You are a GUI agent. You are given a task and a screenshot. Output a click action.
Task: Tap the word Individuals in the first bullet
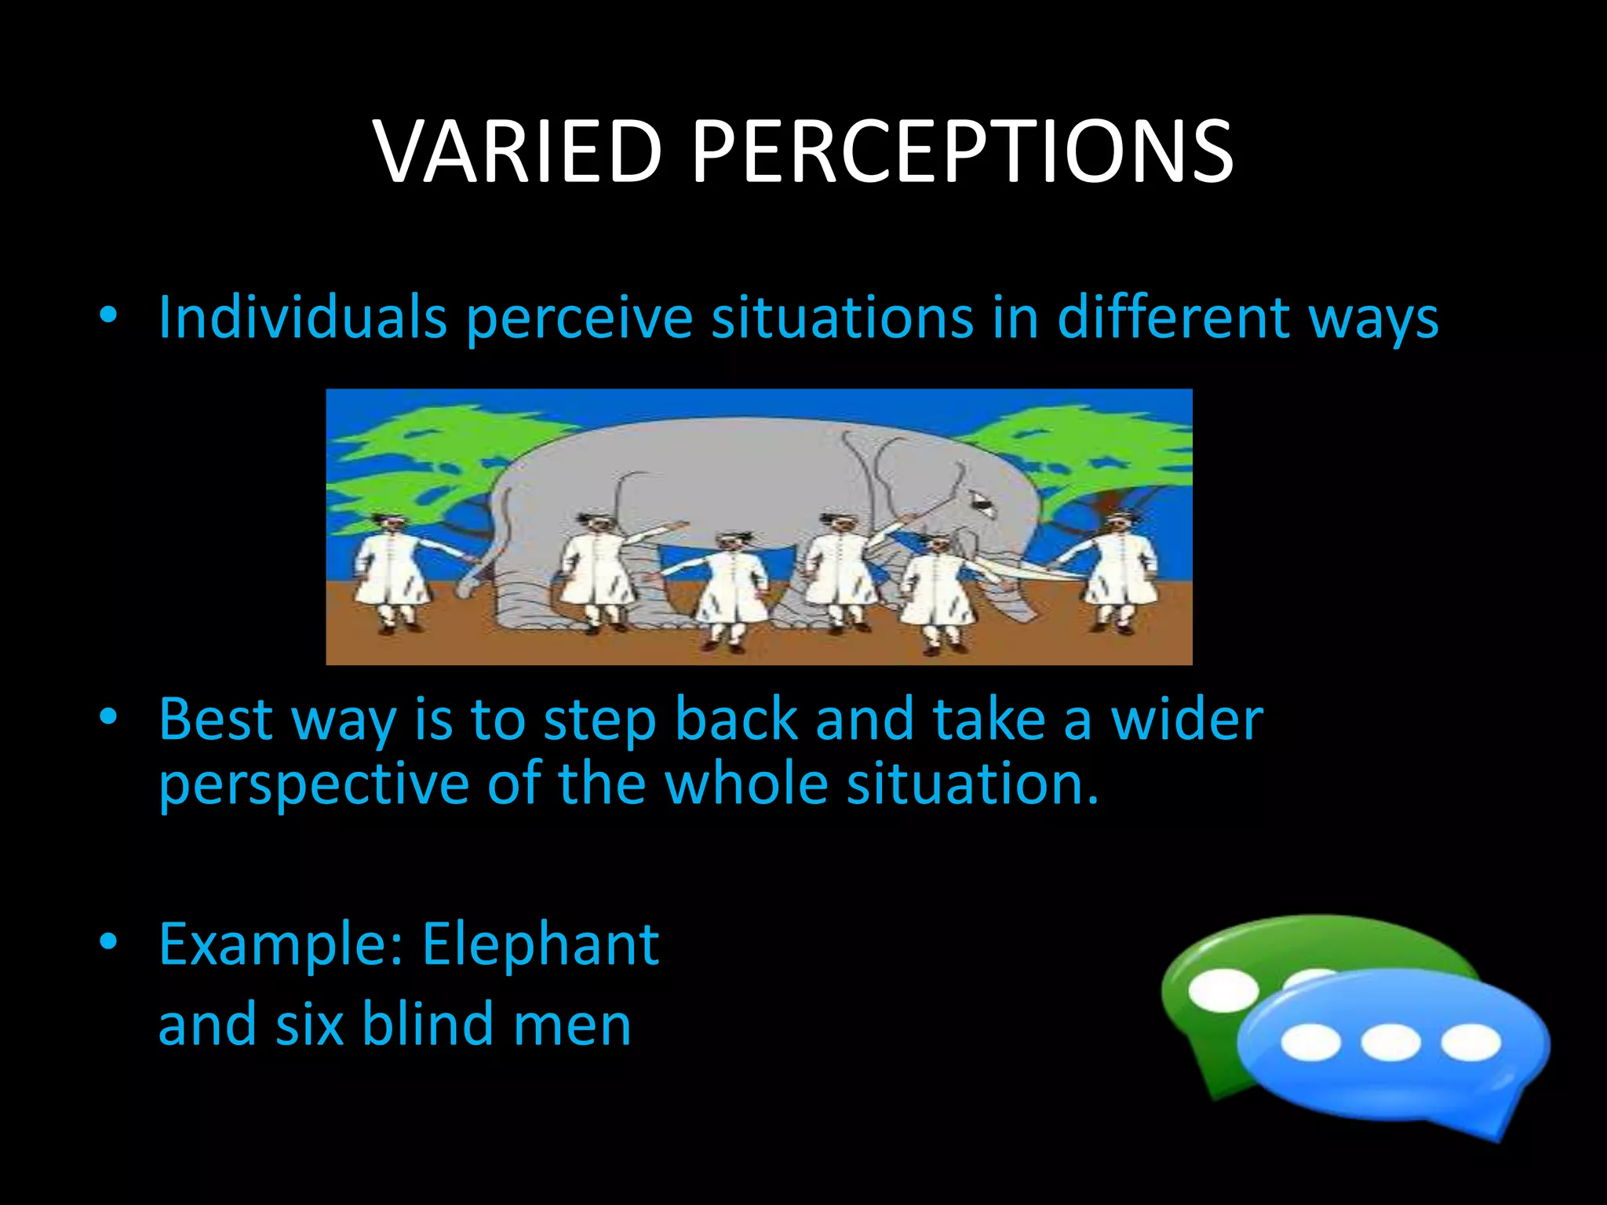click(303, 317)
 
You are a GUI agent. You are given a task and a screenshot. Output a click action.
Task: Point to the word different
click(1173, 317)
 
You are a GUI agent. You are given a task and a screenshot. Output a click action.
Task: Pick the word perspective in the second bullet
click(313, 785)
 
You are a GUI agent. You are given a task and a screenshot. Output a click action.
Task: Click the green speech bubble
click(1224, 973)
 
